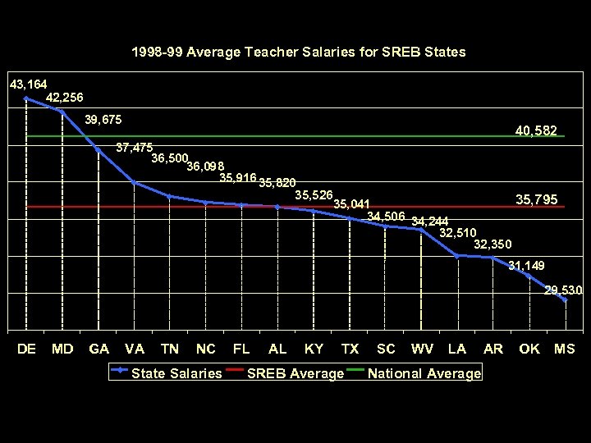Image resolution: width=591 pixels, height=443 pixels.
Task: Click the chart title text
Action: tap(298, 52)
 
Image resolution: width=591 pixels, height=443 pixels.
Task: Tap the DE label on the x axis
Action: tap(26, 349)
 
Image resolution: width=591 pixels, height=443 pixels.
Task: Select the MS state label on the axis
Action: tap(565, 349)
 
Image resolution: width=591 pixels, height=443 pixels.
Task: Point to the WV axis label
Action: tap(422, 349)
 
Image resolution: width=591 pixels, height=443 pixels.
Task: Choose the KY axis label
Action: tap(314, 349)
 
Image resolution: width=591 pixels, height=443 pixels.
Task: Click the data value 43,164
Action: tap(28, 84)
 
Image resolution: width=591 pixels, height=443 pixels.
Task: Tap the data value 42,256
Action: tap(64, 98)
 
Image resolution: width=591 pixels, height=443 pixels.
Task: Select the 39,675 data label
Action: tap(103, 120)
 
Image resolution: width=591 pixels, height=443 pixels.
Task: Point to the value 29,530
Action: tap(563, 290)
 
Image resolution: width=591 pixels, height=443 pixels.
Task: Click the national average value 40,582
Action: tap(536, 130)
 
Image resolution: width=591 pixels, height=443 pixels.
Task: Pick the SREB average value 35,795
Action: tap(536, 199)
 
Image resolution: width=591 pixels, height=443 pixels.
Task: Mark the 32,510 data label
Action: tap(458, 232)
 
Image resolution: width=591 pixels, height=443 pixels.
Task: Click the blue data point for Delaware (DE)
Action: tap(26, 98)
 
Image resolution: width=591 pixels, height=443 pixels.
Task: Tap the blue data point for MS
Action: tap(565, 300)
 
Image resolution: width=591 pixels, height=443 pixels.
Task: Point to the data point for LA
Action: tap(457, 256)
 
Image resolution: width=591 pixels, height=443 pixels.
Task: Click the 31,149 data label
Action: tap(526, 266)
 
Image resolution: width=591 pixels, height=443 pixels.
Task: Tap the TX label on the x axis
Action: tap(350, 349)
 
